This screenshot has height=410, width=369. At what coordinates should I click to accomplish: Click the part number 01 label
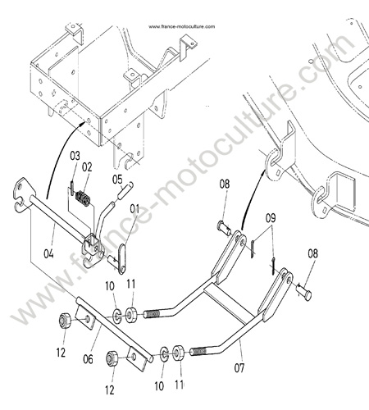coord(134,209)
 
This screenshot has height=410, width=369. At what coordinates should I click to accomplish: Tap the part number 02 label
coord(87,167)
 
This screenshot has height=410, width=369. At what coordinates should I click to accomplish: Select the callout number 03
coord(75,156)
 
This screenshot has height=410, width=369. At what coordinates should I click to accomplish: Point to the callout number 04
coord(48,253)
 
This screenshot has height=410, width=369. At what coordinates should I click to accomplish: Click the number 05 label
coord(117,180)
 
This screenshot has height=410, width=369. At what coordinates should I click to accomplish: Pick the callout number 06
coord(88,359)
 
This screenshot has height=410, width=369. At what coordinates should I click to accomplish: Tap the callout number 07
coord(239,368)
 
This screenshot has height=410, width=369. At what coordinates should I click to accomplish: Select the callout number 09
coord(271,218)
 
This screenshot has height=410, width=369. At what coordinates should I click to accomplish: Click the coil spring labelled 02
coord(83,198)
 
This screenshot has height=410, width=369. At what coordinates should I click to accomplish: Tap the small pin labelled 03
coord(71,188)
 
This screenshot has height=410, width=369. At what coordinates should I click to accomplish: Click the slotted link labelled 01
coord(122,258)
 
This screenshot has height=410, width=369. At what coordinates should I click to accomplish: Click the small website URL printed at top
coord(181,26)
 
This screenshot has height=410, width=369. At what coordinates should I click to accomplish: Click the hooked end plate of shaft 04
coord(23,194)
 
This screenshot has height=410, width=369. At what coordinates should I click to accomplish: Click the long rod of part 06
coord(115,330)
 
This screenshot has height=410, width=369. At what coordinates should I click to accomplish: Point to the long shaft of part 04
coord(59,219)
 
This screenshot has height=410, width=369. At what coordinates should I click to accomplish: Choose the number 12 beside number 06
coord(61,353)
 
